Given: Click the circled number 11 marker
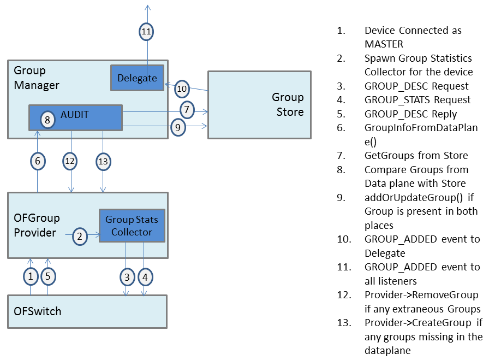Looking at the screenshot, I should click(x=146, y=32).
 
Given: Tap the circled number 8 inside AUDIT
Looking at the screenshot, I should click(x=48, y=120).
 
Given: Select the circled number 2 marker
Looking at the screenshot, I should click(x=80, y=236).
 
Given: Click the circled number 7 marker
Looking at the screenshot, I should click(x=187, y=110).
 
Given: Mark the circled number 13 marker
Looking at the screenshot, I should click(x=103, y=161).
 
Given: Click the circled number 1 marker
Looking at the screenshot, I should click(x=31, y=276).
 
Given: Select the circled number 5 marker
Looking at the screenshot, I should click(x=48, y=276).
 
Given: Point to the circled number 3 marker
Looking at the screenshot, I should click(x=127, y=277).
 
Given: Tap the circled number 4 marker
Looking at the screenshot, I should click(x=145, y=277).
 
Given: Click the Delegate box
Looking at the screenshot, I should click(x=137, y=78).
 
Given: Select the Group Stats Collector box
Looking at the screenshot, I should click(x=132, y=226).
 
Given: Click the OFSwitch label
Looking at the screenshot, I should click(x=38, y=311).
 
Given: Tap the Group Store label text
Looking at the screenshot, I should click(x=288, y=104).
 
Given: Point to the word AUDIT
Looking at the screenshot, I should click(x=75, y=114).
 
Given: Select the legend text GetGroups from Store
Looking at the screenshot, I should click(x=416, y=156).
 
